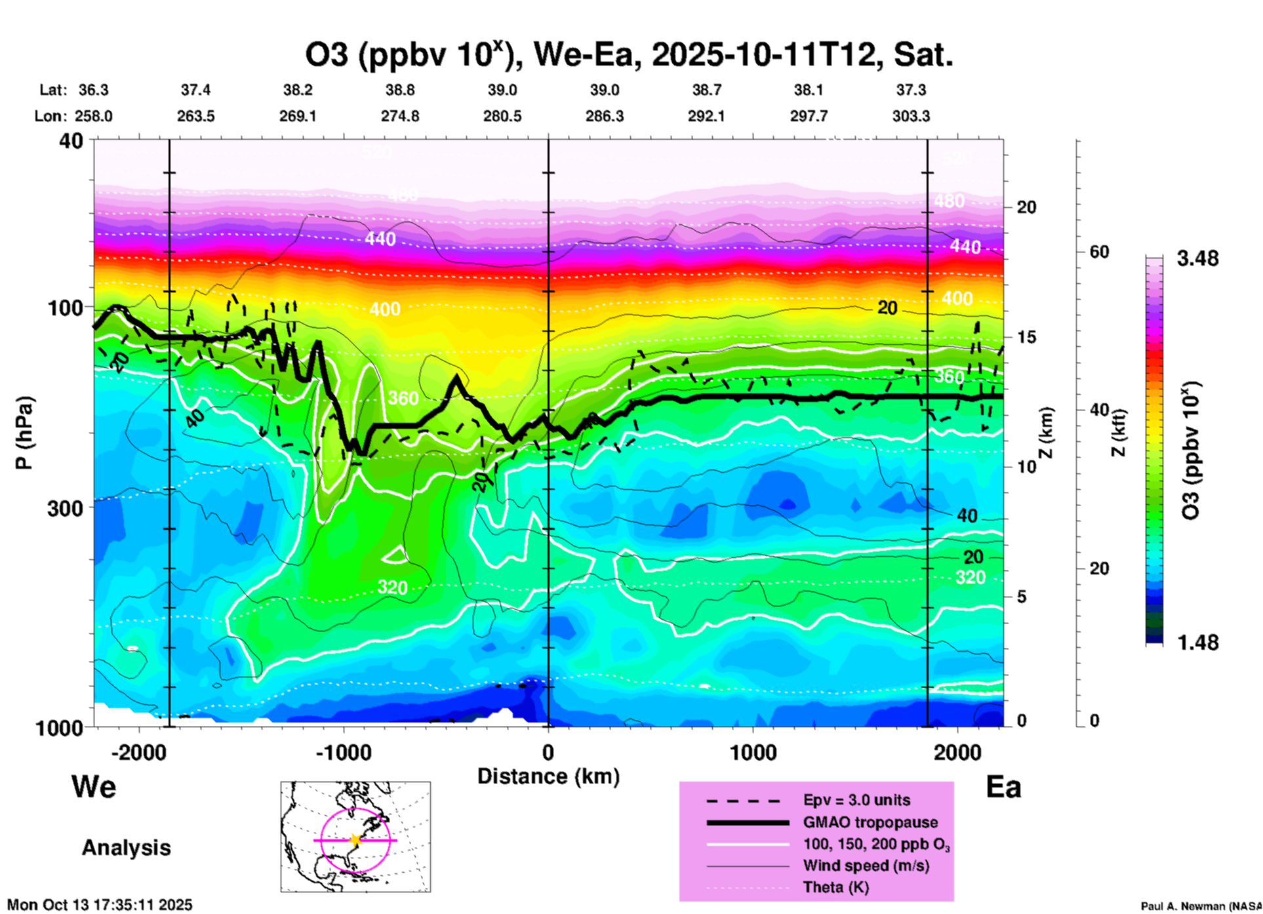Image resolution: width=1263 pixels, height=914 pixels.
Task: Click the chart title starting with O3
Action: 628,55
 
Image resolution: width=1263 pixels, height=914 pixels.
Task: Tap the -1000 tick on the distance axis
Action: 344,752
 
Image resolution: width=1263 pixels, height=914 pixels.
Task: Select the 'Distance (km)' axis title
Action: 548,776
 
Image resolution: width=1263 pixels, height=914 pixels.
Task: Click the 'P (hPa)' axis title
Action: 24,433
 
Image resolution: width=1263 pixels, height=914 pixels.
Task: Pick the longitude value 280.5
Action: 502,116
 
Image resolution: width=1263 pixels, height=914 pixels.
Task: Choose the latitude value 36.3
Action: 93,90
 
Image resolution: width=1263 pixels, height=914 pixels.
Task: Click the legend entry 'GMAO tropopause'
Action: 870,822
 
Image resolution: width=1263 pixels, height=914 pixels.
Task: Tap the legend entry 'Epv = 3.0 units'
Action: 856,800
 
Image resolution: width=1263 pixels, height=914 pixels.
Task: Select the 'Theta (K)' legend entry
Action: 835,887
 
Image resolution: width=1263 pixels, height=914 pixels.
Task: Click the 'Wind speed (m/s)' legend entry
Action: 866,865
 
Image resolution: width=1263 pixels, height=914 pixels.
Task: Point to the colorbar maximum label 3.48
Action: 1197,259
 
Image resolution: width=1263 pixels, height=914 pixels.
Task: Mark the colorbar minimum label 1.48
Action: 1197,643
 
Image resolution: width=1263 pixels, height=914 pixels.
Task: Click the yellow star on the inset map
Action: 355,839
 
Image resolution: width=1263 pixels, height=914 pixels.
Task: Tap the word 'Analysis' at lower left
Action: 126,848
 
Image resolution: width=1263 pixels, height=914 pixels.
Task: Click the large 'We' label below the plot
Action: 94,787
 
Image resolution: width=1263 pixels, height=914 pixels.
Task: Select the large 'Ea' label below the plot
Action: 1003,787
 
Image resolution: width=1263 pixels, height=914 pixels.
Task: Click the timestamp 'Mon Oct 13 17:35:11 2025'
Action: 100,905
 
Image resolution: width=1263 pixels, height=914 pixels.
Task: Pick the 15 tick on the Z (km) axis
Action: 1026,337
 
